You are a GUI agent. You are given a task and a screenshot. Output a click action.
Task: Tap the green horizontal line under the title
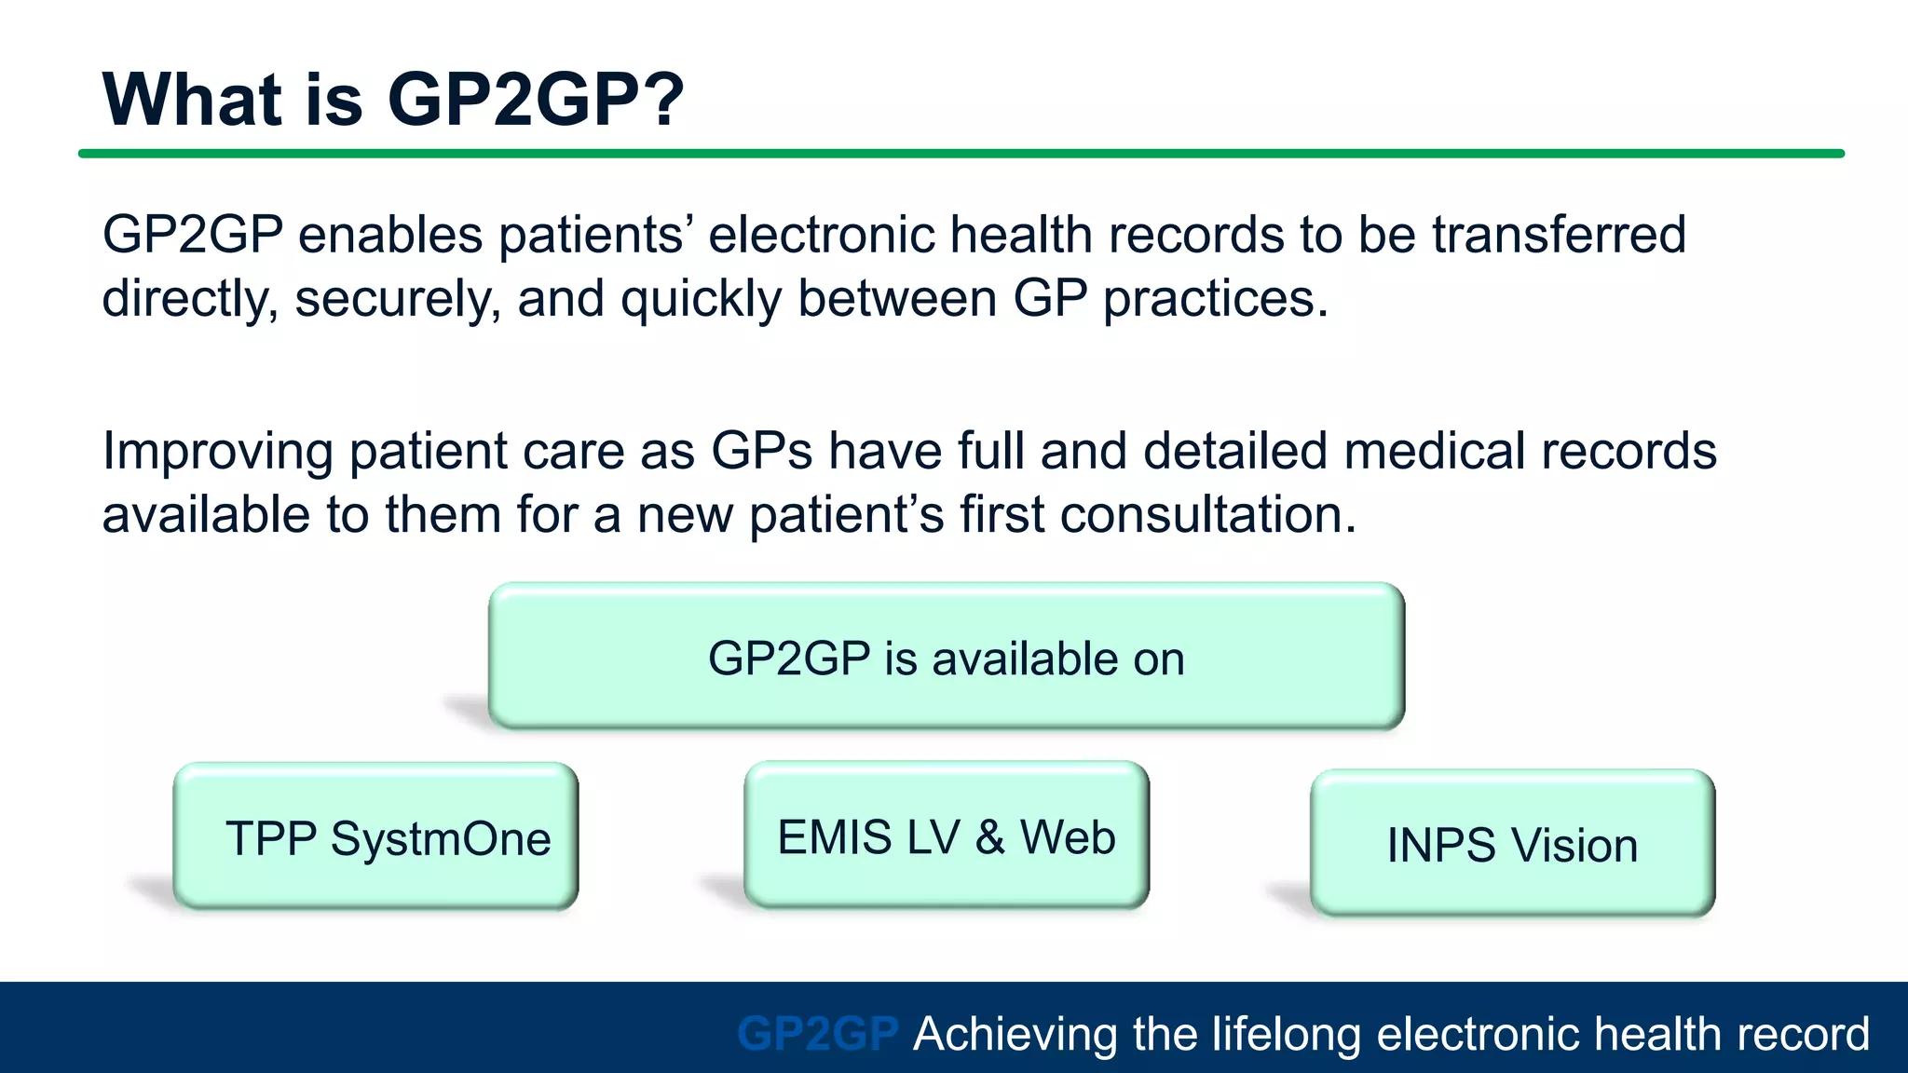960,154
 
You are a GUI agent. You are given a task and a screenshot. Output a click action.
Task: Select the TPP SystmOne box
375,835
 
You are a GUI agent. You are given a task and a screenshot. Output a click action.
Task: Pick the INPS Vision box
1512,843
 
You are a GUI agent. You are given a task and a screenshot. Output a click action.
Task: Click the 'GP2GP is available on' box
946,657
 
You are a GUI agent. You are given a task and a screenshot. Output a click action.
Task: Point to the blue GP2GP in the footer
817,1033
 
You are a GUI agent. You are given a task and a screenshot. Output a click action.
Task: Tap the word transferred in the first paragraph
1559,234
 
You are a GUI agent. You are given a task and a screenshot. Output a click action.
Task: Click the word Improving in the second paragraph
216,452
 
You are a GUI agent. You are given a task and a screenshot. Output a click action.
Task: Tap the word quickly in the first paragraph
701,300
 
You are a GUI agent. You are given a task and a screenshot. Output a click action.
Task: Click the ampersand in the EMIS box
990,835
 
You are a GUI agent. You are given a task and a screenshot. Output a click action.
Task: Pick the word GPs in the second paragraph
761,451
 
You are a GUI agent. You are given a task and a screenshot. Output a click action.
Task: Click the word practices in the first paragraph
1215,300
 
